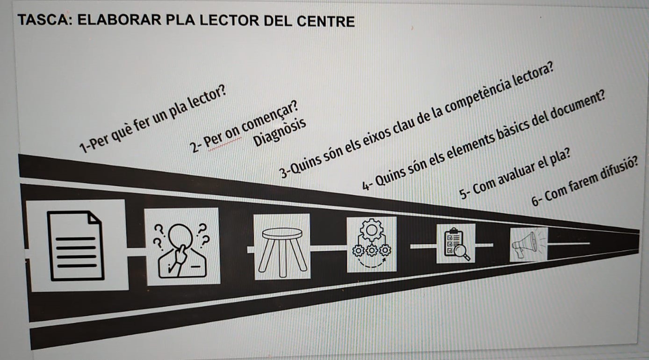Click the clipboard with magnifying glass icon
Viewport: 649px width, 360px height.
[x=456, y=243]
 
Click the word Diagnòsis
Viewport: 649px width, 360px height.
[x=280, y=131]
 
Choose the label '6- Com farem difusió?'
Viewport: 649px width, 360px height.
[x=584, y=184]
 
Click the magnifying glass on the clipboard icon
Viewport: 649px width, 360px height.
[x=462, y=252]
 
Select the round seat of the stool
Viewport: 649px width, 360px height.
[x=282, y=232]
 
